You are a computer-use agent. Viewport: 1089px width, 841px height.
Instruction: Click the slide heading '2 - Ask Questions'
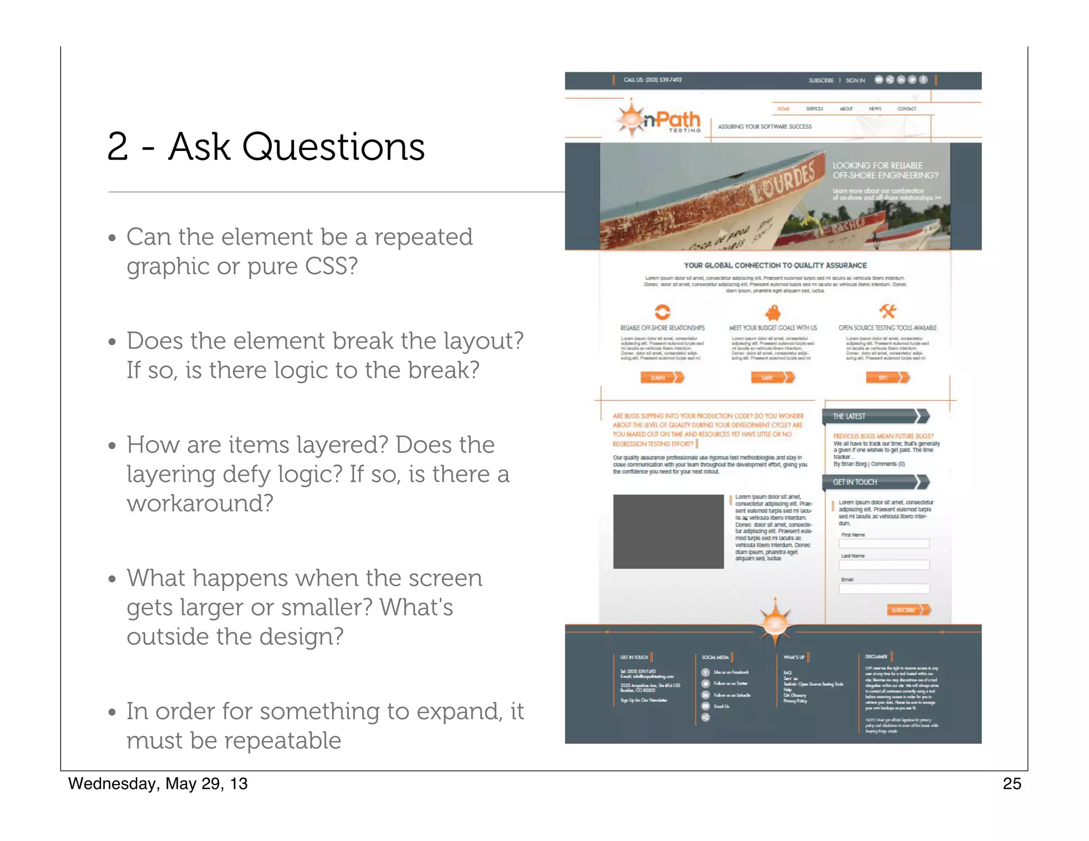266,147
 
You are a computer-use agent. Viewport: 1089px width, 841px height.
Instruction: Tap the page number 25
1011,784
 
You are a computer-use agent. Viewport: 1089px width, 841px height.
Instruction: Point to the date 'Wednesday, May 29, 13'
158,784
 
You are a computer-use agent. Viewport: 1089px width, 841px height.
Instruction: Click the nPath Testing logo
659,120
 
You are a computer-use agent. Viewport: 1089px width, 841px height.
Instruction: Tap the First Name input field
884,544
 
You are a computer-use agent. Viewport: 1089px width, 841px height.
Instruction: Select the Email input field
884,588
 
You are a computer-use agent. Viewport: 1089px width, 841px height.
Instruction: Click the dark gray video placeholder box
668,532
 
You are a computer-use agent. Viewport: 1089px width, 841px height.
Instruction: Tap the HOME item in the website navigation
783,109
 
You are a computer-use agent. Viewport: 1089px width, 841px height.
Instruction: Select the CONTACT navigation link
907,109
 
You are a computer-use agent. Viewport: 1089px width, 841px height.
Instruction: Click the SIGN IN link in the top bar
855,80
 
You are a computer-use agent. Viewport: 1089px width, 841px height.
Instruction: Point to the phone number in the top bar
652,80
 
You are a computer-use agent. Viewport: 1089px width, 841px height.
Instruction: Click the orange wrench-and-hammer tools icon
887,311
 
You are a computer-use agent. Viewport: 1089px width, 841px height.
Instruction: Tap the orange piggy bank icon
773,312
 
